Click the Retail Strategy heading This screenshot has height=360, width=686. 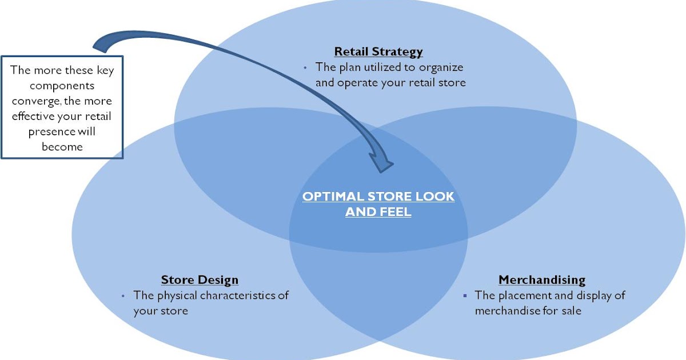pyautogui.click(x=378, y=51)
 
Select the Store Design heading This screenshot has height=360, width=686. pyautogui.click(x=200, y=280)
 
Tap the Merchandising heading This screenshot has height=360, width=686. pyautogui.click(x=542, y=280)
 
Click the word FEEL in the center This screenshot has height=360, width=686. pyautogui.click(x=395, y=213)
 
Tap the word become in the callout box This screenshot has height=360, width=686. pyautogui.click(x=62, y=146)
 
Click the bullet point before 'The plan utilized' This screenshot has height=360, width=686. pyautogui.click(x=305, y=67)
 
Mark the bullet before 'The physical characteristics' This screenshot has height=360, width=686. pyautogui.click(x=123, y=296)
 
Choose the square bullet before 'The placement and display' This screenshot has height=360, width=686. pyautogui.click(x=465, y=296)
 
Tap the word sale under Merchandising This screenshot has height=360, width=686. pyautogui.click(x=570, y=311)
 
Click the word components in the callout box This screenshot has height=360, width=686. pyautogui.click(x=62, y=86)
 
